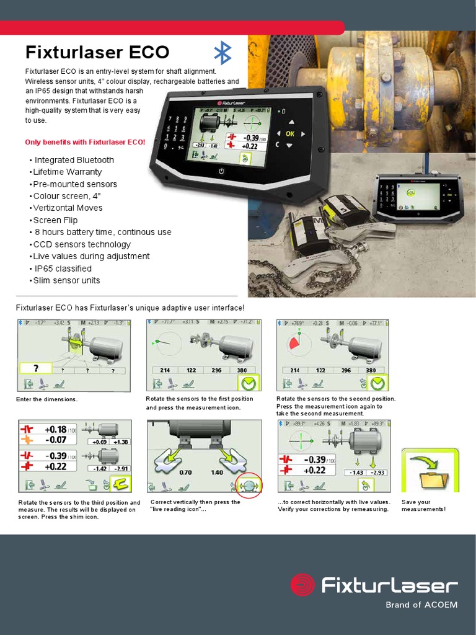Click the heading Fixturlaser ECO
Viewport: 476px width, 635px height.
pyautogui.click(x=97, y=52)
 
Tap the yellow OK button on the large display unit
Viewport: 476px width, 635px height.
pyautogui.click(x=289, y=133)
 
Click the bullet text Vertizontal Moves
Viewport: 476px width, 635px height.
pyautogui.click(x=68, y=208)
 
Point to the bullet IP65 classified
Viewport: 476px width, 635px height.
pyautogui.click(x=63, y=269)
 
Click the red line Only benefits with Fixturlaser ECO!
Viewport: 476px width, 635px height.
pyautogui.click(x=85, y=142)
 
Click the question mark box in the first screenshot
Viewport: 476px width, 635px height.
pyautogui.click(x=36, y=368)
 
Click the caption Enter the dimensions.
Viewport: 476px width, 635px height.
pyautogui.click(x=47, y=399)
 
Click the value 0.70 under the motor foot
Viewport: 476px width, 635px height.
pyautogui.click(x=185, y=473)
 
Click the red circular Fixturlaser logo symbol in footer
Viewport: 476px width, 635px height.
pyautogui.click(x=303, y=585)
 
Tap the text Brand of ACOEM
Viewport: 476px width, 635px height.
pyautogui.click(x=421, y=605)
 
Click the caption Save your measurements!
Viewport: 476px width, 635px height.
pyautogui.click(x=424, y=505)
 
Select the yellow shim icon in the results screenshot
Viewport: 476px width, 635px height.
pyautogui.click(x=121, y=484)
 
